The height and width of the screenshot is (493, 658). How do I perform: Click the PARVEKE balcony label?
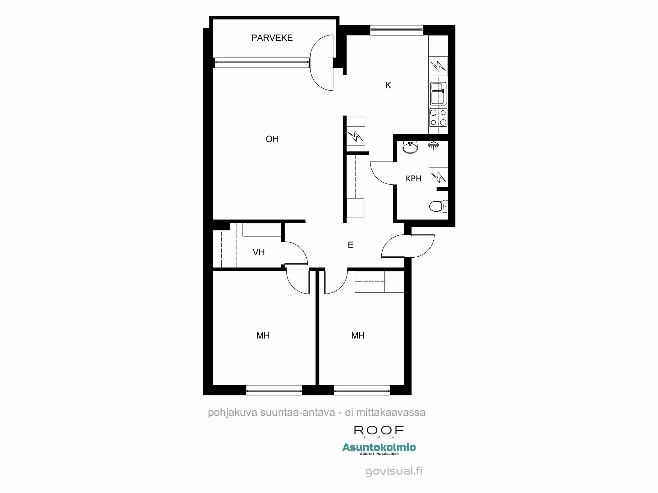click(x=272, y=38)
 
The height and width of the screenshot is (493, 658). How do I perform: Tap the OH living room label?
click(x=272, y=139)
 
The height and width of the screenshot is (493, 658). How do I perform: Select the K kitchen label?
click(x=388, y=85)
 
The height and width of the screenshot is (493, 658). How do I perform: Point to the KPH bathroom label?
click(x=414, y=178)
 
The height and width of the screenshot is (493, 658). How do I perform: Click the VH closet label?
click(x=259, y=252)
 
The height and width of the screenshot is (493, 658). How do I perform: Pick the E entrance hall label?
click(x=351, y=245)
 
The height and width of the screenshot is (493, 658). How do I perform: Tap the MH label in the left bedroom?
click(x=263, y=336)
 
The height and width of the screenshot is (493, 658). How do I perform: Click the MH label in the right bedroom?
click(x=358, y=336)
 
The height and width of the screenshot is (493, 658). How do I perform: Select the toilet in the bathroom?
click(x=438, y=206)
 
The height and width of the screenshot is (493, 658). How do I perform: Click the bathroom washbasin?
click(x=410, y=148)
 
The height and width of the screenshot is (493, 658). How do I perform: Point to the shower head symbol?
click(x=434, y=145)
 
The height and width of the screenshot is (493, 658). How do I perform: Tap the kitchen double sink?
click(x=438, y=93)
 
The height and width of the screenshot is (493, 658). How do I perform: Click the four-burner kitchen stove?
click(x=438, y=117)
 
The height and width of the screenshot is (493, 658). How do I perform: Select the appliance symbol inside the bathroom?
click(x=438, y=177)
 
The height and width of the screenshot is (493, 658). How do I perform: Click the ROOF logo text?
click(x=379, y=430)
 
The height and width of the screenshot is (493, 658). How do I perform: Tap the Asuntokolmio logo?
click(x=379, y=447)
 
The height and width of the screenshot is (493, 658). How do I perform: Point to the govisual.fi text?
click(x=394, y=471)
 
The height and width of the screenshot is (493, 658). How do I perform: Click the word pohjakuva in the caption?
click(x=232, y=412)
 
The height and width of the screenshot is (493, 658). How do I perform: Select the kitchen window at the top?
click(x=396, y=30)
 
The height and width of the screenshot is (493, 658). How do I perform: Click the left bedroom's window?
click(x=274, y=390)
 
